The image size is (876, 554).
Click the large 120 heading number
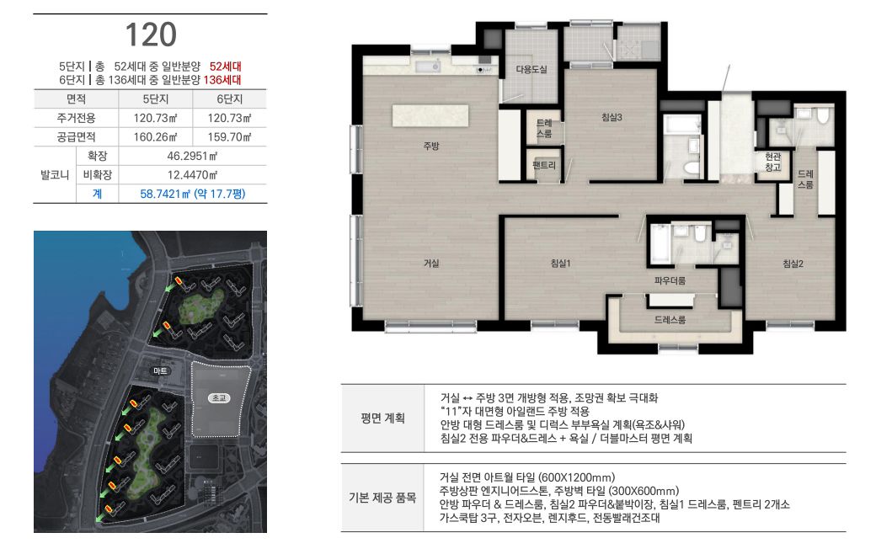click(x=151, y=35)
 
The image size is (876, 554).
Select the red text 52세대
click(x=225, y=67)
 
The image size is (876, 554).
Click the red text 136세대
click(x=222, y=80)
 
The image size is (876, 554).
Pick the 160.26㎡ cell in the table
click(x=155, y=137)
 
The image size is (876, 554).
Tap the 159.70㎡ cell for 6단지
click(x=230, y=137)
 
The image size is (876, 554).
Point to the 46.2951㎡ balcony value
click(x=192, y=156)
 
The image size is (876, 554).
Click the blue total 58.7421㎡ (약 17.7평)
click(x=193, y=194)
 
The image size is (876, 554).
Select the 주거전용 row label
click(x=76, y=118)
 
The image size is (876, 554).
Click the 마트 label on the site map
click(x=160, y=370)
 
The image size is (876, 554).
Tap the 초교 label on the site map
click(x=219, y=398)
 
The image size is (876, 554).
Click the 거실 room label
click(x=430, y=263)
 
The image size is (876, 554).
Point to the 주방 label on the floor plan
click(x=430, y=146)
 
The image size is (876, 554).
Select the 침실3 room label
click(x=612, y=117)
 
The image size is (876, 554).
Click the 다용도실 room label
click(x=531, y=69)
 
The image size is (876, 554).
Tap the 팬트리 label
click(x=544, y=165)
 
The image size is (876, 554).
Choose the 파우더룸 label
click(x=670, y=280)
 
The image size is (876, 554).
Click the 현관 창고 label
click(x=772, y=162)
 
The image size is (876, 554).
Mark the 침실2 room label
click(x=793, y=264)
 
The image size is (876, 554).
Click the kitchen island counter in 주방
click(x=430, y=115)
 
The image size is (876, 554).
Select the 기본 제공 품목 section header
click(x=382, y=498)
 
